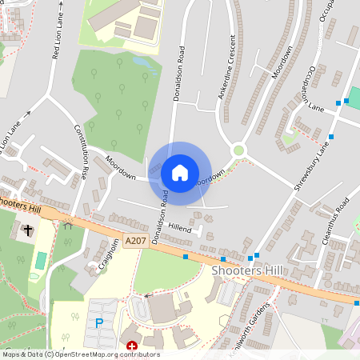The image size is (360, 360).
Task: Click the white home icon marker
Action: pos(180,173)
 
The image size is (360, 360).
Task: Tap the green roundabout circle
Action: pos(238,150)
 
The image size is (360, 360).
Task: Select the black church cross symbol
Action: pos(29,230)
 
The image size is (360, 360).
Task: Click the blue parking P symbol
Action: pos(99,323)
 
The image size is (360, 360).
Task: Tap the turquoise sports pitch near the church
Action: pos(41,260)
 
